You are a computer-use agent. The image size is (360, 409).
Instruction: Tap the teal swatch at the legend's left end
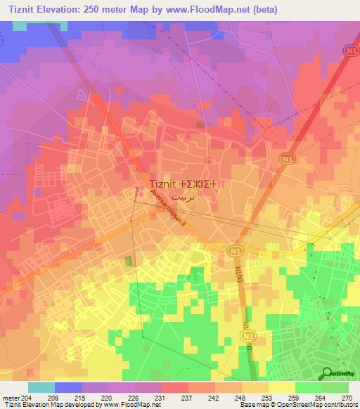pyautogui.click(x=41, y=387)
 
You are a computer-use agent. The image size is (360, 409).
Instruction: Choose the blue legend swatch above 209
pyautogui.click(x=67, y=387)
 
